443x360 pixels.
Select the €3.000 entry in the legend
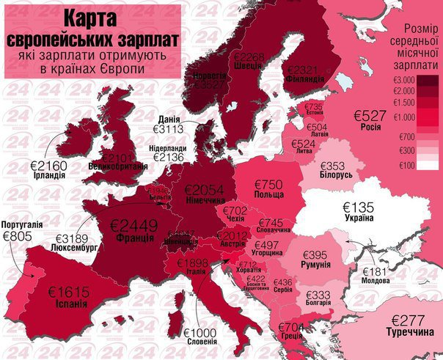tap(404, 79)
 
